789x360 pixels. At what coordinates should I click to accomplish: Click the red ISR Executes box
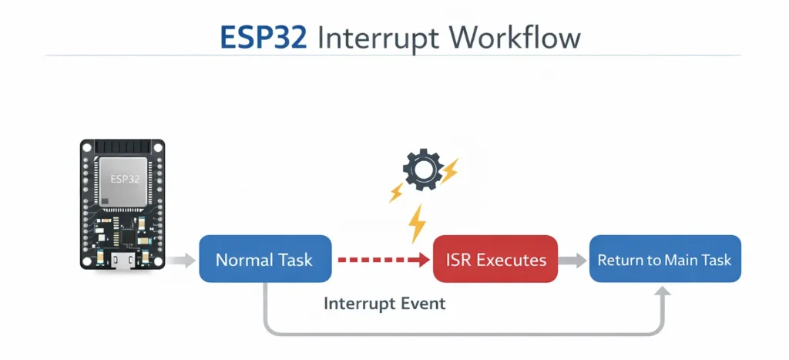click(x=495, y=260)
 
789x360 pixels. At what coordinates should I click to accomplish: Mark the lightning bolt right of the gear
click(x=448, y=171)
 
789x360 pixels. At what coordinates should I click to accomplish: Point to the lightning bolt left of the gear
click(x=397, y=192)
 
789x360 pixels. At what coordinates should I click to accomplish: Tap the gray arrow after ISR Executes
click(x=572, y=261)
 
